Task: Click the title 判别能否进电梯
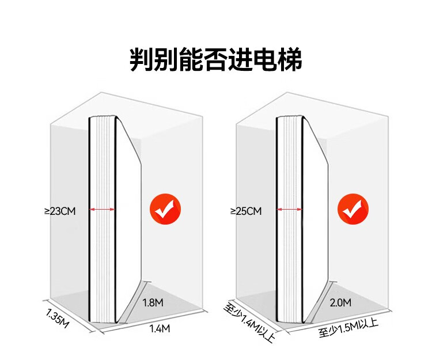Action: click(x=216, y=59)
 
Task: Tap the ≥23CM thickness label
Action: click(x=60, y=211)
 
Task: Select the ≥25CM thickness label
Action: click(x=246, y=211)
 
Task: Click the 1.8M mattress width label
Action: click(x=153, y=303)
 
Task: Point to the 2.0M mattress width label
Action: click(x=340, y=303)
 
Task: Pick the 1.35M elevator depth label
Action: click(x=57, y=319)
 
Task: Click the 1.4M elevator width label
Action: click(x=160, y=328)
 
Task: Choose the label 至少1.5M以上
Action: click(x=348, y=328)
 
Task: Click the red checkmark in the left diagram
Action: click(x=165, y=209)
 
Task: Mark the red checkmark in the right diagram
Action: click(x=353, y=209)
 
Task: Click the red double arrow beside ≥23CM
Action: click(x=102, y=209)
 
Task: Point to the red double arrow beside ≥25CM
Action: click(x=290, y=209)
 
